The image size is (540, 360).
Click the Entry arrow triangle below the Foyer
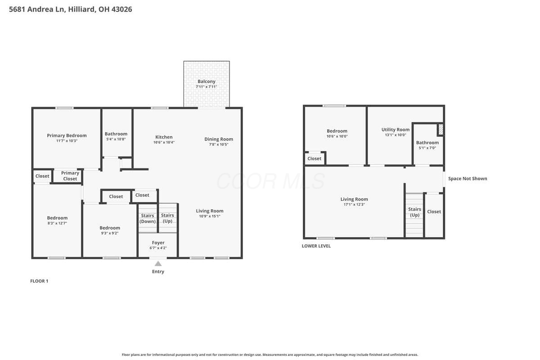[158, 263]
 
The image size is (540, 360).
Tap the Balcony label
[207, 81]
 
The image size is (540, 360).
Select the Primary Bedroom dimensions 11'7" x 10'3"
[67, 141]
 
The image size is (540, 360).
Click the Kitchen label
[164, 137]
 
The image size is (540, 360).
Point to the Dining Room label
[219, 139]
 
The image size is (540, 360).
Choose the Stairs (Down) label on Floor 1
[148, 218]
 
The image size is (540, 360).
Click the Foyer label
[158, 243]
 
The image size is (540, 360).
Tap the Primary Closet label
[70, 176]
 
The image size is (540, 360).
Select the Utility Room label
[396, 130]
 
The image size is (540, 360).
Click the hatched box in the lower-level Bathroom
[441, 130]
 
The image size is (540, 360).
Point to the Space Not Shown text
[468, 179]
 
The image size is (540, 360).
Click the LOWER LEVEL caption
[316, 246]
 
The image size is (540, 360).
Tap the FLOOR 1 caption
[39, 281]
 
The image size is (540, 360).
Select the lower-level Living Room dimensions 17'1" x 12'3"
[354, 204]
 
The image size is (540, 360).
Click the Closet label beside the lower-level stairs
[434, 211]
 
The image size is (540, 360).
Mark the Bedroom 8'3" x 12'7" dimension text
[57, 223]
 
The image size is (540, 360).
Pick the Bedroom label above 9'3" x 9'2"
[110, 228]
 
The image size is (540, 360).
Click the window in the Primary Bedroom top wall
[64, 108]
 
